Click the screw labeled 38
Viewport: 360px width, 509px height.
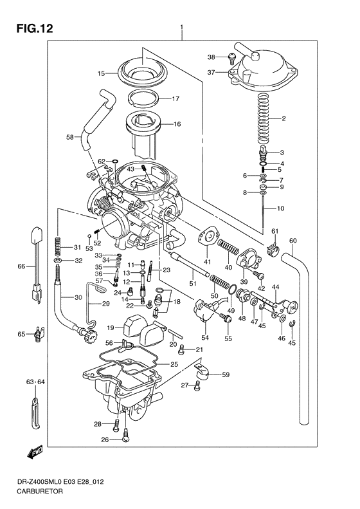pos(231,59)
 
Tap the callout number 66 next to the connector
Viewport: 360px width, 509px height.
pos(21,266)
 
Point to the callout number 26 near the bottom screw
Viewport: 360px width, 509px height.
pos(105,440)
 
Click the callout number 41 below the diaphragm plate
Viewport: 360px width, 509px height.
pos(207,262)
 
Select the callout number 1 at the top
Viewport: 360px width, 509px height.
pos(182,28)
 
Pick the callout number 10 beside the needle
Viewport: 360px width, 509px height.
pos(280,208)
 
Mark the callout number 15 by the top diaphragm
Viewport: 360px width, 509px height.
pos(101,73)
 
